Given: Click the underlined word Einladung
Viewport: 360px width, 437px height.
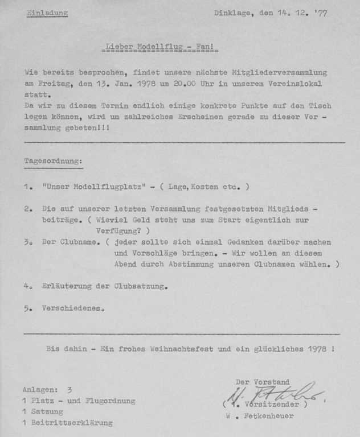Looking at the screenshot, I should pos(47,13).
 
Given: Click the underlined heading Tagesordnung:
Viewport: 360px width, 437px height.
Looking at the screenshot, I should pos(54,162).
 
